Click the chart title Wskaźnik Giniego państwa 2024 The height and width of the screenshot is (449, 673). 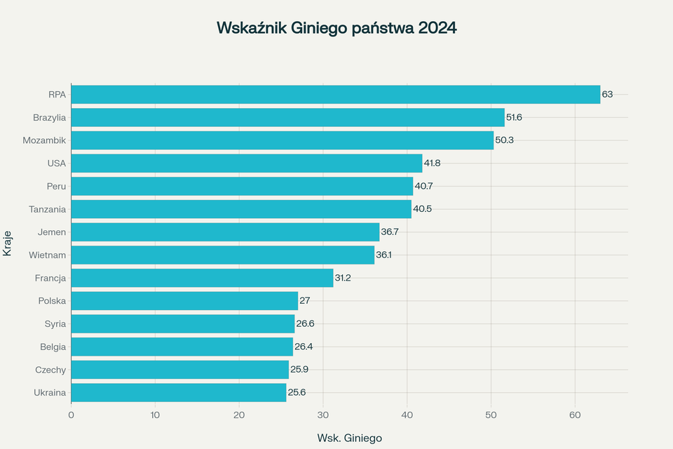click(336, 28)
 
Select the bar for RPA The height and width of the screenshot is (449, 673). click(335, 94)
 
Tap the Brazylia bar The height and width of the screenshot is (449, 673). click(287, 117)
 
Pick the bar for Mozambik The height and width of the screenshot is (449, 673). click(282, 140)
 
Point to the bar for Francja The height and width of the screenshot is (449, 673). click(202, 278)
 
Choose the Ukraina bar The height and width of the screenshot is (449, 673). click(178, 392)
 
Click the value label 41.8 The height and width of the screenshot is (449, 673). click(433, 163)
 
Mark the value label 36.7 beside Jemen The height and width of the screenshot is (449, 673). click(390, 232)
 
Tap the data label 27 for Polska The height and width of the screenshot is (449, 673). click(305, 301)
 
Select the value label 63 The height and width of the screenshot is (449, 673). click(607, 94)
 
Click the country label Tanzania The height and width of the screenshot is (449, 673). click(48, 209)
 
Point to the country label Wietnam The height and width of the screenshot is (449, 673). click(48, 255)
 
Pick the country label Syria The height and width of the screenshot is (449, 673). click(55, 323)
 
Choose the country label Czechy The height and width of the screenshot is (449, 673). click(50, 370)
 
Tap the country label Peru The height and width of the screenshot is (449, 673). click(56, 186)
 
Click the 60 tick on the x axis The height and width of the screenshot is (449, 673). click(575, 415)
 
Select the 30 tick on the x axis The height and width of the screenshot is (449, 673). click(323, 415)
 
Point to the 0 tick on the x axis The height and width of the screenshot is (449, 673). click(71, 415)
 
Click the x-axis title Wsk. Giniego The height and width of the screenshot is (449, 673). click(349, 438)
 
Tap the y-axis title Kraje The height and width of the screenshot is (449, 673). click(8, 243)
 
